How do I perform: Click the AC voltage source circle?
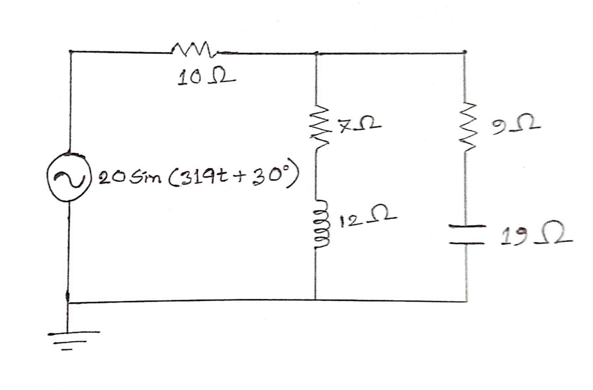click(69, 177)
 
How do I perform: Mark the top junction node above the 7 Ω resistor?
click(316, 53)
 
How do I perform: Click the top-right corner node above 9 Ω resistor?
click(465, 52)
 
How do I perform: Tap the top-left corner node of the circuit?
click(70, 52)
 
